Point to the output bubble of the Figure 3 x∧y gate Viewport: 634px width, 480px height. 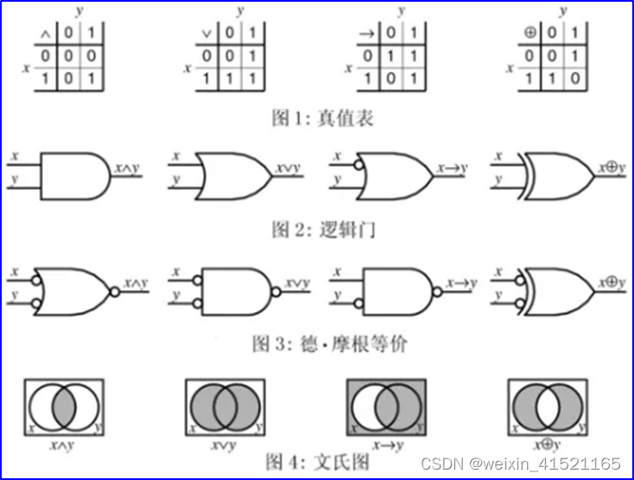tap(113, 290)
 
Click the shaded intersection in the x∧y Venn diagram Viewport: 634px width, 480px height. tap(65, 405)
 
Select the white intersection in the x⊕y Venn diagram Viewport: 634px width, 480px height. tap(549, 405)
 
